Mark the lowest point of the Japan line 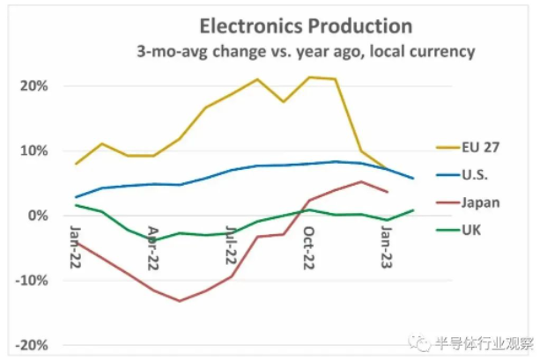coord(180,301)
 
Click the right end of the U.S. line coord(414,179)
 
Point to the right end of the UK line coord(414,209)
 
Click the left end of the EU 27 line coord(77,164)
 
